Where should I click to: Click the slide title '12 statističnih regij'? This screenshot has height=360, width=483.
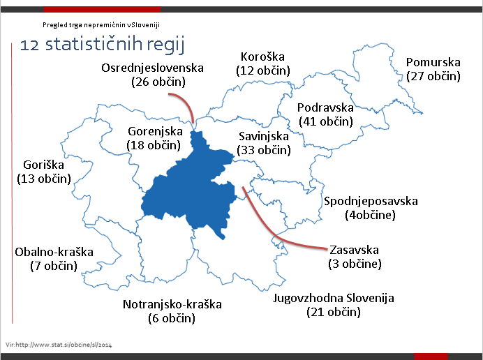click(x=101, y=45)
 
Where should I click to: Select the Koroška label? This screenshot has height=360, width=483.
click(x=263, y=57)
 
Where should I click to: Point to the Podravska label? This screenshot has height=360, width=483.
click(x=325, y=107)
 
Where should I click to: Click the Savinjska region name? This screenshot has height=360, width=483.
click(x=263, y=136)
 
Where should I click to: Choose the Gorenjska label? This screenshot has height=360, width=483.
click(x=155, y=131)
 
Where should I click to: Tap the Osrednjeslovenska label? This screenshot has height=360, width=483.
click(x=152, y=68)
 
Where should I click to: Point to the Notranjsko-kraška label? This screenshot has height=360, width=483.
click(x=172, y=304)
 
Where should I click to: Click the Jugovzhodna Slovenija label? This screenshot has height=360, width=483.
click(x=333, y=299)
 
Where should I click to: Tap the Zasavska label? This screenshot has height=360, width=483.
click(x=354, y=250)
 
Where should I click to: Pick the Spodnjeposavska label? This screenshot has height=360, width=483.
click(x=371, y=202)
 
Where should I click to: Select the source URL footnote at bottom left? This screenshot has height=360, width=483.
click(x=59, y=344)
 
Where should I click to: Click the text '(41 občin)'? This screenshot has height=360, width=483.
click(x=325, y=121)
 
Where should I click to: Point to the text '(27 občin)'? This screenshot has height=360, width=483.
click(x=433, y=76)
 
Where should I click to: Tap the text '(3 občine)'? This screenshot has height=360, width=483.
click(x=355, y=264)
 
